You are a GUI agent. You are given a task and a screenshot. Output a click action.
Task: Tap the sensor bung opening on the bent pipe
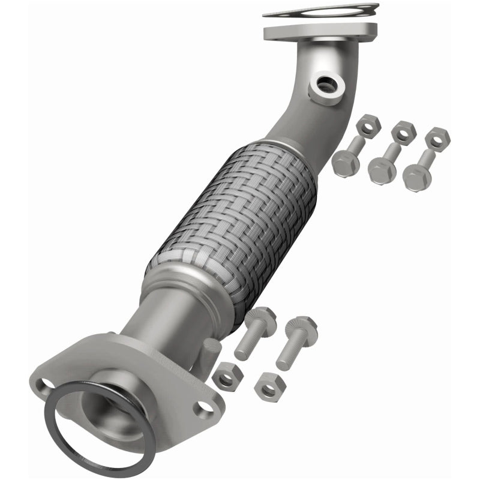click(327, 86)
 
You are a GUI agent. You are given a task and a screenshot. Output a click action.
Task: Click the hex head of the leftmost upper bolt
click(345, 163)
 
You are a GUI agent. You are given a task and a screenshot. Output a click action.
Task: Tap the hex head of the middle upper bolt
click(382, 170)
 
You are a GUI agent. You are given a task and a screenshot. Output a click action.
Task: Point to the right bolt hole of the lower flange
click(206, 407)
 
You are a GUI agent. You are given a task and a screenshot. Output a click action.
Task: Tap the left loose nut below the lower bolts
click(227, 376)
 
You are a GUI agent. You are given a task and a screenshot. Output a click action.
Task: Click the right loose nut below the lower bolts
click(268, 387)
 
